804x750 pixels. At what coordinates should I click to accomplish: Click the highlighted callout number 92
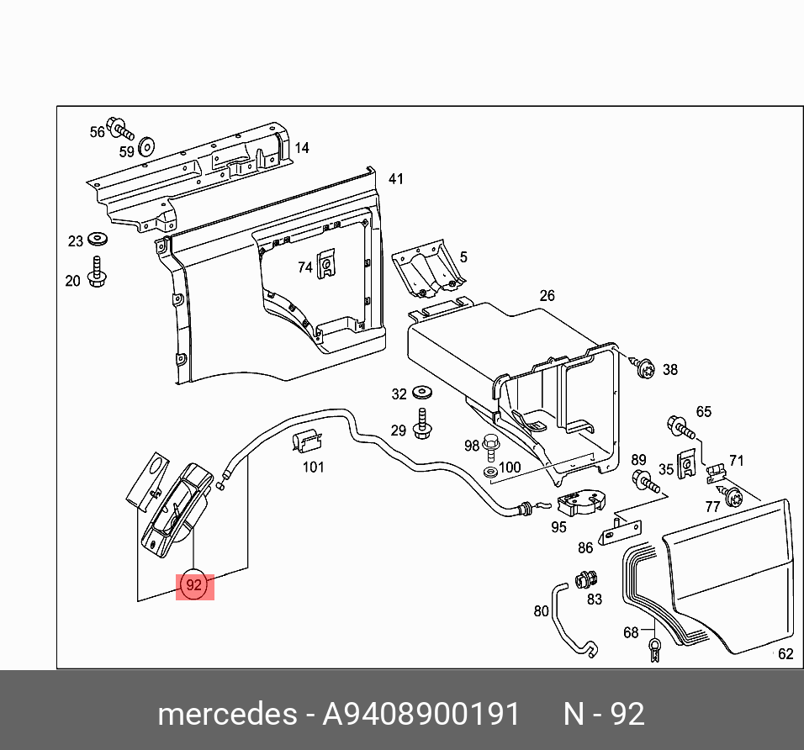pos(194,584)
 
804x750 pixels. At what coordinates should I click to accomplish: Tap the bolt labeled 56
pos(122,131)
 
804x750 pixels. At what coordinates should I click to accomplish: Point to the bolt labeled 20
pos(96,274)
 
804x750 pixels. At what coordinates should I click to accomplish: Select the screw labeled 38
pos(644,367)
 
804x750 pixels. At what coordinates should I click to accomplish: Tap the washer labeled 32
pos(422,393)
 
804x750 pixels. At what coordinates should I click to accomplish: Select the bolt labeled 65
pos(679,425)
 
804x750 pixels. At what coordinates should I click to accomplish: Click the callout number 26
pos(547,296)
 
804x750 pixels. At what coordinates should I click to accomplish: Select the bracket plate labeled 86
pos(621,530)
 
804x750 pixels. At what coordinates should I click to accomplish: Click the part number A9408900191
pos(421,715)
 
